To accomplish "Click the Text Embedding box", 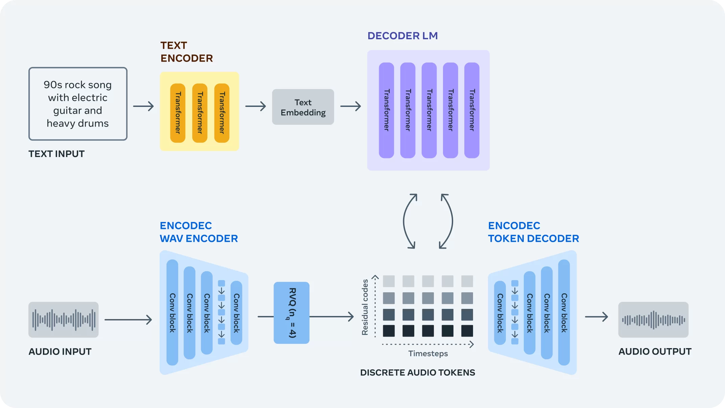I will tap(303, 107).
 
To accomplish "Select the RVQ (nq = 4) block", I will tap(291, 313).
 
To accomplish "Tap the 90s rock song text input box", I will tap(78, 104).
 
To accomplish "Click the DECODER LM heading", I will tap(402, 36).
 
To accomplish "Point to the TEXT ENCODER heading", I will tap(186, 52).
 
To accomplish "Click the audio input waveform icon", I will tap(63, 319).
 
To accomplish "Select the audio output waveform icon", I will tap(653, 319).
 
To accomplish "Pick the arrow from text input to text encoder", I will tap(143, 106).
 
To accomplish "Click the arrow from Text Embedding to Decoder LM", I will tap(351, 106).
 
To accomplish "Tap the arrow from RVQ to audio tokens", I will tap(331, 317).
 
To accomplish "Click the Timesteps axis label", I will tap(428, 354).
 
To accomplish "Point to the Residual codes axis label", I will tap(365, 307).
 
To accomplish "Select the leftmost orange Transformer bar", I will tap(178, 113).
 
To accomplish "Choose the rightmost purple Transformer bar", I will tap(472, 110).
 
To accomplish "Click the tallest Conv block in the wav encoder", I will tap(172, 312).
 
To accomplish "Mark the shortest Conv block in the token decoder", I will tap(500, 313).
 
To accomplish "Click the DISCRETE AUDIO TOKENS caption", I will tap(417, 372).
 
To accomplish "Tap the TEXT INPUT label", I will tap(56, 154).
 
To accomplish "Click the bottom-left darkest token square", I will tap(389, 331).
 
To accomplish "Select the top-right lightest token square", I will tap(467, 281).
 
